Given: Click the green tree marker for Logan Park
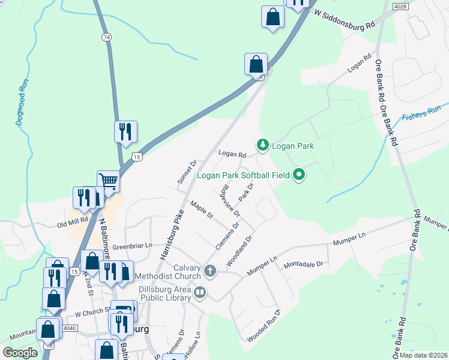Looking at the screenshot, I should coord(262,145).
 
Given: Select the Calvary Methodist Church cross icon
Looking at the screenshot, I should coord(210,271).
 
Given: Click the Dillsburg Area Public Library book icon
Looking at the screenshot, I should coord(200,293).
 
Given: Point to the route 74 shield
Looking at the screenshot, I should coord(106,37).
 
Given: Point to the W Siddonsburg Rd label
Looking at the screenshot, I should coord(344,20).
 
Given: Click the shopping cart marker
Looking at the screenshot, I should coord(109,181).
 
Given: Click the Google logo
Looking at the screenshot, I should coord(20,353).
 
